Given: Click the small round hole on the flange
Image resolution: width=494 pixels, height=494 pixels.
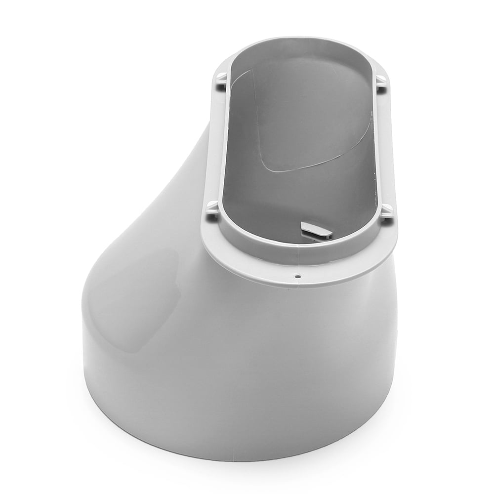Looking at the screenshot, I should click(297, 277).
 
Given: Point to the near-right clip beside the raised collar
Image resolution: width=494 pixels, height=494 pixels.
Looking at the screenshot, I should click(387, 211).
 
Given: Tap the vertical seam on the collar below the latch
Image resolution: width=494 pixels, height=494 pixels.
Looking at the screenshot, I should click(298, 252).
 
